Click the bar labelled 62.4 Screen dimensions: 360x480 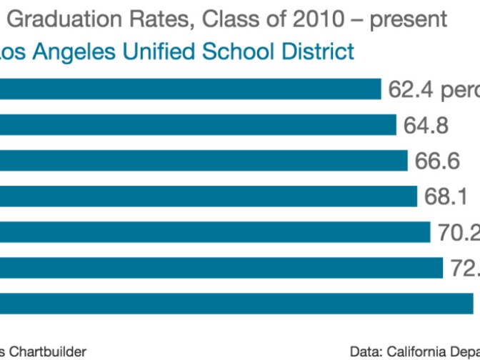[x=190, y=89]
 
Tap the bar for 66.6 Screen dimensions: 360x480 [x=204, y=161]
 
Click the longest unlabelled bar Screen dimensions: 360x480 [x=236, y=303]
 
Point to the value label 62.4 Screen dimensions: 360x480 [x=409, y=90]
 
